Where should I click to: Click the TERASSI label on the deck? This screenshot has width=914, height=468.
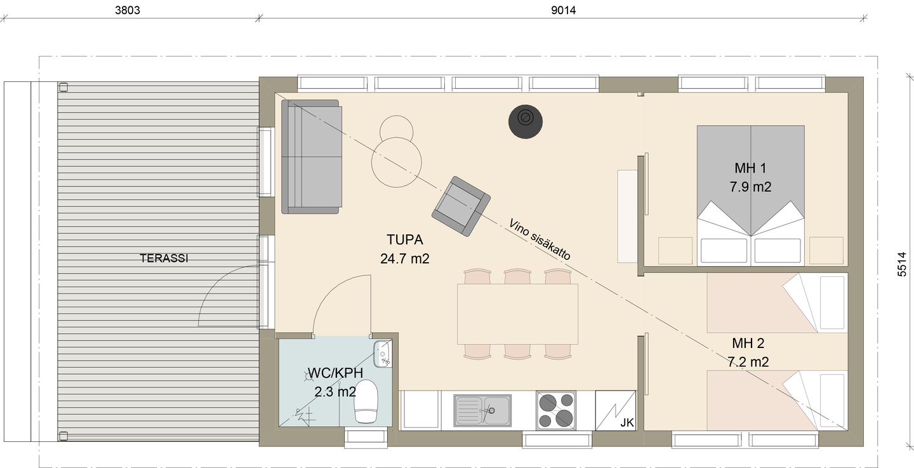click(x=164, y=258)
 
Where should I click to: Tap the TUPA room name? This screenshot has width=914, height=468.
click(x=405, y=240)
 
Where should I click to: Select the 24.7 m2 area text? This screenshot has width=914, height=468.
click(x=405, y=259)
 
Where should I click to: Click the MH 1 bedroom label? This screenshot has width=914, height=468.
click(x=750, y=168)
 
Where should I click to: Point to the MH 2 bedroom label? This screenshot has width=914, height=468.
click(x=748, y=344)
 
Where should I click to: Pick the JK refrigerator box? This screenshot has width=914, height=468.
click(x=616, y=410)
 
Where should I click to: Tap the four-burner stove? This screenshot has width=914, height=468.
click(x=556, y=410)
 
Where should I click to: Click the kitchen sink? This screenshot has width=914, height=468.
click(x=482, y=410)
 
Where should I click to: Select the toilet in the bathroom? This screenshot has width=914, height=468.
click(x=366, y=401)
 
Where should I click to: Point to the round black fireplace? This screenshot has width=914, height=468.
click(x=526, y=121)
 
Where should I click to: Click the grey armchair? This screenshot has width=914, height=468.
click(x=461, y=206)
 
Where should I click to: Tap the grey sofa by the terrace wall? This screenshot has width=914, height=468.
click(x=312, y=156)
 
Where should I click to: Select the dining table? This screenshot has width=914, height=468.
click(x=517, y=314)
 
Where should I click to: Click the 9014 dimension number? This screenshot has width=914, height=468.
click(x=564, y=10)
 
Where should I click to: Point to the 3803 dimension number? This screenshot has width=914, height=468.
click(x=127, y=10)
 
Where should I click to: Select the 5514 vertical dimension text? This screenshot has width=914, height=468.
click(x=902, y=264)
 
